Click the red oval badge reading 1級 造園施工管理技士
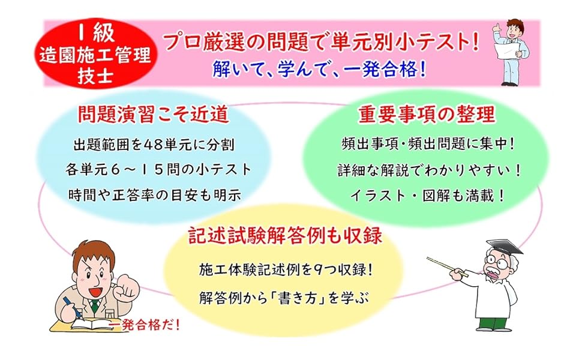(96, 54)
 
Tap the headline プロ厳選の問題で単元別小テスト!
(322, 41)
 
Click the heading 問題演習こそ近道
(152, 113)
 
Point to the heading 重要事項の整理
(427, 114)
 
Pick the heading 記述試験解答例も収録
(285, 235)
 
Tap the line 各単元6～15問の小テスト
(158, 170)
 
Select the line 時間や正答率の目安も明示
(154, 195)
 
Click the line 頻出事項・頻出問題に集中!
(428, 144)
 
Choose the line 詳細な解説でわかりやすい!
(429, 170)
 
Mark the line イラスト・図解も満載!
(427, 196)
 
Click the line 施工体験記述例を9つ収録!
(286, 270)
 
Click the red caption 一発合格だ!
(144, 325)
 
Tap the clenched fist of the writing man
(126, 287)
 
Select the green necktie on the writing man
(95, 305)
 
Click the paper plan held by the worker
(508, 49)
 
